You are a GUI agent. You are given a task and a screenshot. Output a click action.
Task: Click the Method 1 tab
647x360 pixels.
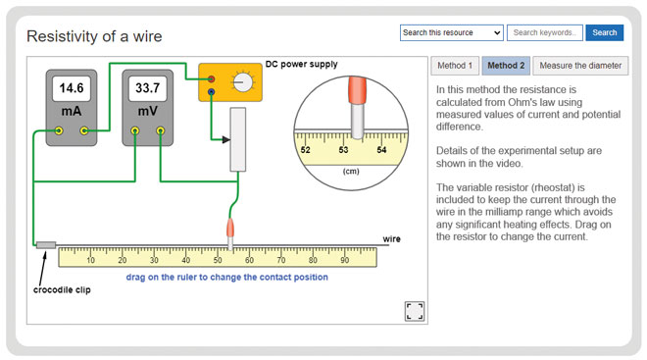tap(455, 66)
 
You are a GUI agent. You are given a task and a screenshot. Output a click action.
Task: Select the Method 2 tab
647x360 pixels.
tap(506, 66)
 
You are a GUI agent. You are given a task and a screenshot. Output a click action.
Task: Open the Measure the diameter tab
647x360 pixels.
tap(580, 66)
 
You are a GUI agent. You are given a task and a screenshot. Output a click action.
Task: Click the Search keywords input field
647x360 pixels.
tap(545, 32)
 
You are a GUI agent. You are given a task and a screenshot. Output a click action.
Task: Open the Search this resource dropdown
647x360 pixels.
tap(452, 32)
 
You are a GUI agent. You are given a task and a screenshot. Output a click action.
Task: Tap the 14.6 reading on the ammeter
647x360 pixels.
tap(72, 88)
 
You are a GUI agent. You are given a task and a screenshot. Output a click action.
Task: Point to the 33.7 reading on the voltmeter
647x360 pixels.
tap(147, 88)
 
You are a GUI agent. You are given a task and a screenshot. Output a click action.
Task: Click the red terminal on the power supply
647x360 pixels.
tap(211, 78)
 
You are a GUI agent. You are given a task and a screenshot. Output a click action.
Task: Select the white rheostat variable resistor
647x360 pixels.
tap(237, 139)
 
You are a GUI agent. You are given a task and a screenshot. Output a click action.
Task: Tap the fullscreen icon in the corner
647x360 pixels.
tap(414, 311)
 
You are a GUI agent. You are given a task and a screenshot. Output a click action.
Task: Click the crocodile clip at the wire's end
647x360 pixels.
tap(46, 244)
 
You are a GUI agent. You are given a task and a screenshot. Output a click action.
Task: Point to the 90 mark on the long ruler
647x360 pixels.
tap(344, 260)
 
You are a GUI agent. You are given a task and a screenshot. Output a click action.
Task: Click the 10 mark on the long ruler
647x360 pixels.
tap(90, 260)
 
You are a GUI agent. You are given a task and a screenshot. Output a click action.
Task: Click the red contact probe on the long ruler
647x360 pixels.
tap(231, 228)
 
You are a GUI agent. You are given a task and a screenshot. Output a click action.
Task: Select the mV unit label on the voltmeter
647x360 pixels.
tap(147, 111)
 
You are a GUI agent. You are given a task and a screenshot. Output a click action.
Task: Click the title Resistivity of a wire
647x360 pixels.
tap(94, 36)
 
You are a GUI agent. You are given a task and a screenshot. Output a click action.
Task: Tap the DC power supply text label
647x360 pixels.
tap(301, 65)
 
